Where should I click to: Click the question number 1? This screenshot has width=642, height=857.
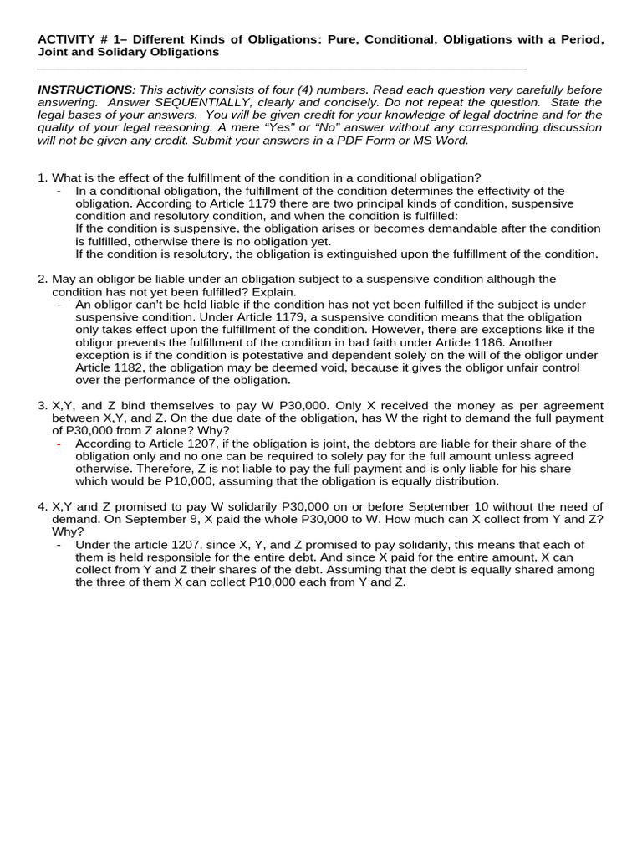pos(42,177)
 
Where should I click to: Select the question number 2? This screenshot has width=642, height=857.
pos(42,279)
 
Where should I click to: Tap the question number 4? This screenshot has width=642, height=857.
pos(42,506)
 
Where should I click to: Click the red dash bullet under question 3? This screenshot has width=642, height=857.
pos(59,444)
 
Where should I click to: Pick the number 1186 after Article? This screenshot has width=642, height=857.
pos(489,341)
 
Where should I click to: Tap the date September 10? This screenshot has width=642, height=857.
pos(458,506)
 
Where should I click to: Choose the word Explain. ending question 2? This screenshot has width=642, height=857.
pos(273,291)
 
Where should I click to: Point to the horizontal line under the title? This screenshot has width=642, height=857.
pos(282,69)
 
